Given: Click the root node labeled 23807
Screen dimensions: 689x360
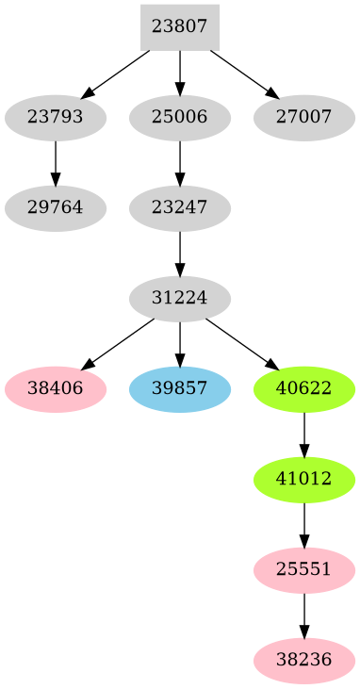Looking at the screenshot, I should (x=179, y=26).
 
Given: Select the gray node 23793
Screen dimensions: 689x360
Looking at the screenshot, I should (x=55, y=118).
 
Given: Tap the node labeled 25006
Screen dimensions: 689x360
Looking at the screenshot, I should (x=179, y=118).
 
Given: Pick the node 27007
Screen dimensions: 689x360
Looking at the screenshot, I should (x=304, y=118).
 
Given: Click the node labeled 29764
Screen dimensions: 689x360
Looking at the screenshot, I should (x=55, y=208).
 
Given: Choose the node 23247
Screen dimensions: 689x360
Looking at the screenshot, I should (x=179, y=208).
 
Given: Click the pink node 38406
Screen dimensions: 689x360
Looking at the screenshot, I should (x=55, y=389).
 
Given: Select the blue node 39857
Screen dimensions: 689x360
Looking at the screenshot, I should (x=179, y=389).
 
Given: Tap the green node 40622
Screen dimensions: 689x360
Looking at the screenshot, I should (x=304, y=389).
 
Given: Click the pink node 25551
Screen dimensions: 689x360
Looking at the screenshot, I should (x=304, y=570).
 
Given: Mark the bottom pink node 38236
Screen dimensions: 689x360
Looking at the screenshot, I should (x=304, y=661).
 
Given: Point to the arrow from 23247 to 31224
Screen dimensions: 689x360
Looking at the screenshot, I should (x=179, y=254).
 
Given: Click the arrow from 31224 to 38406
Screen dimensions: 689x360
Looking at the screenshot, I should (x=117, y=344).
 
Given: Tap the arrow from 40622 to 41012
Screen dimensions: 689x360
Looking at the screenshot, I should (x=304, y=435).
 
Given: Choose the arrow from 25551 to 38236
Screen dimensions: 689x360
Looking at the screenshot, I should (x=304, y=615).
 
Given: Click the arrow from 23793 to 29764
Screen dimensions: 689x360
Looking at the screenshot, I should (x=55, y=163).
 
